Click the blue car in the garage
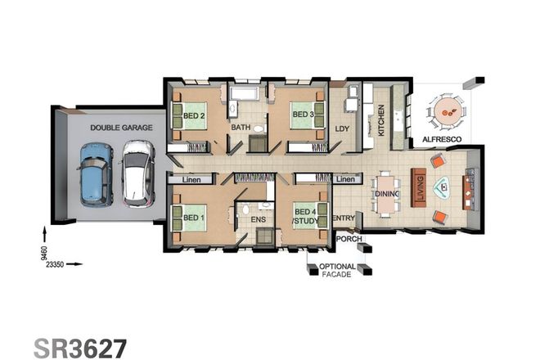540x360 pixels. [96, 173]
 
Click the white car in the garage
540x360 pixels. [136, 173]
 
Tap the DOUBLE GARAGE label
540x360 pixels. [115, 128]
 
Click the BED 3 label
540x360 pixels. [303, 114]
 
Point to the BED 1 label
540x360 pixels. [193, 218]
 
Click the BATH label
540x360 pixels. [240, 128]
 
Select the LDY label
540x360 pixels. [344, 128]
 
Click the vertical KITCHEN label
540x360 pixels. [380, 121]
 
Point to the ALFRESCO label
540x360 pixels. [441, 140]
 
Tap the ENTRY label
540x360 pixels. [344, 218]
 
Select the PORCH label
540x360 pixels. [348, 239]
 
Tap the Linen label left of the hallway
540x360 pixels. [191, 179]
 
